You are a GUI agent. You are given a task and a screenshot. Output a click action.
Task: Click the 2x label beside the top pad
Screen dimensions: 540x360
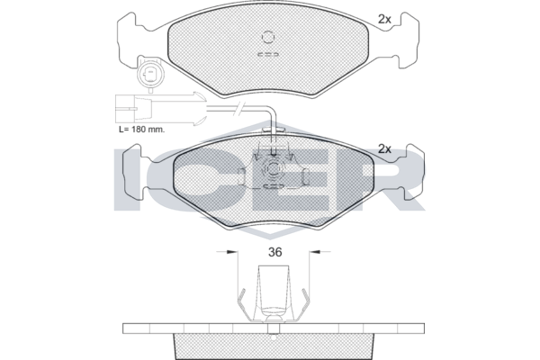[x=384, y=19]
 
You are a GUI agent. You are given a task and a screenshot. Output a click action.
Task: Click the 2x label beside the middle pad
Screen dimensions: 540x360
[x=384, y=148]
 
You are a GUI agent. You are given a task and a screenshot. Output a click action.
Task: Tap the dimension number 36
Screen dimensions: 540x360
[x=274, y=252]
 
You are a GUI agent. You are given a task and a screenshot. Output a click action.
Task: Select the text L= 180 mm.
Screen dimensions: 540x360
[x=141, y=130]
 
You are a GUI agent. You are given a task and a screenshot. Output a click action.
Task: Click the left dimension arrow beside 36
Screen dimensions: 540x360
[x=227, y=252]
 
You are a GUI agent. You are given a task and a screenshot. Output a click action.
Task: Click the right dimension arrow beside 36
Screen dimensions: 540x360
[x=319, y=252]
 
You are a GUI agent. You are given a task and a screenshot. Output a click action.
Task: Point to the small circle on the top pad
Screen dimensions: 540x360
[x=268, y=37]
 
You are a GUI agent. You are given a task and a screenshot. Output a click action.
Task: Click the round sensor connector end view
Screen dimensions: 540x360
[x=150, y=73]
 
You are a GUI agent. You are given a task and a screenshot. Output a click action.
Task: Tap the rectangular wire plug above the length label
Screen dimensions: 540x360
[x=133, y=108]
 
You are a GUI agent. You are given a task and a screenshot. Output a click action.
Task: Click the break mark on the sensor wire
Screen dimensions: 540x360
[x=239, y=108]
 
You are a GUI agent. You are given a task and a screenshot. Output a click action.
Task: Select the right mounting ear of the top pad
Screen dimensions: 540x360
[x=409, y=40]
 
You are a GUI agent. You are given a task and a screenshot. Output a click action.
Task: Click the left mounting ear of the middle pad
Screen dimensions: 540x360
[x=132, y=171]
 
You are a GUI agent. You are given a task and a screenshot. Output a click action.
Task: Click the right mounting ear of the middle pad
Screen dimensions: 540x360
[x=414, y=172]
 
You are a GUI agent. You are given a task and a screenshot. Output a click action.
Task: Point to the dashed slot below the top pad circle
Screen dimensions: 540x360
[x=268, y=54]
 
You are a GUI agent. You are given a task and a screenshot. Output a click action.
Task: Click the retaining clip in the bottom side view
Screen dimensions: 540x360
[x=274, y=295]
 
